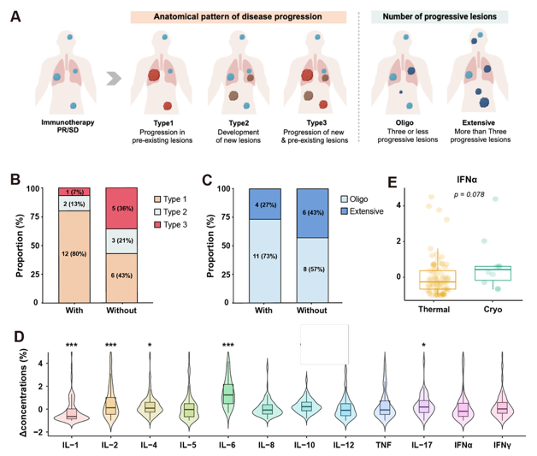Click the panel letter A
(x=15, y=17)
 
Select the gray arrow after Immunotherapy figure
(x=112, y=83)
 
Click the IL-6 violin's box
(x=228, y=393)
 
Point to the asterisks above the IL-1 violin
(x=73, y=346)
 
